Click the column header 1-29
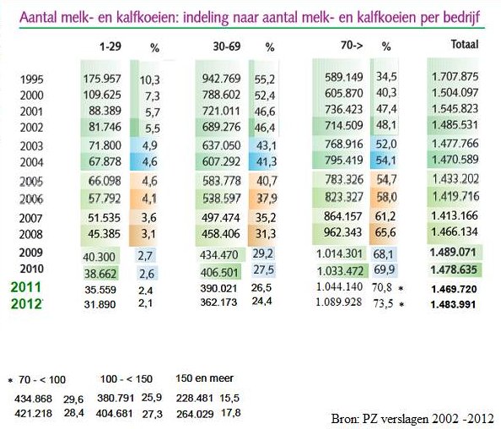click(x=110, y=46)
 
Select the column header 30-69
click(x=227, y=46)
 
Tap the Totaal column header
click(x=465, y=44)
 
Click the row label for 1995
click(x=32, y=79)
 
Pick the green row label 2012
click(x=26, y=304)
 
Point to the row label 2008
click(x=30, y=234)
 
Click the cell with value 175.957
click(x=102, y=79)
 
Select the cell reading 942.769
click(x=221, y=79)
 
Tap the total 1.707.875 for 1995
click(x=455, y=77)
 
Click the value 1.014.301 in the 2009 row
click(x=339, y=254)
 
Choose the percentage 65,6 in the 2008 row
click(x=385, y=232)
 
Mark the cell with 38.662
click(x=100, y=274)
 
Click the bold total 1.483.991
click(x=454, y=304)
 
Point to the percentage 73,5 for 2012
click(x=383, y=303)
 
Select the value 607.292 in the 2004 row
click(x=221, y=161)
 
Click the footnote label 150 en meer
click(x=204, y=378)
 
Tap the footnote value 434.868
click(x=33, y=399)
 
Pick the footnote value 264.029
click(x=195, y=414)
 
